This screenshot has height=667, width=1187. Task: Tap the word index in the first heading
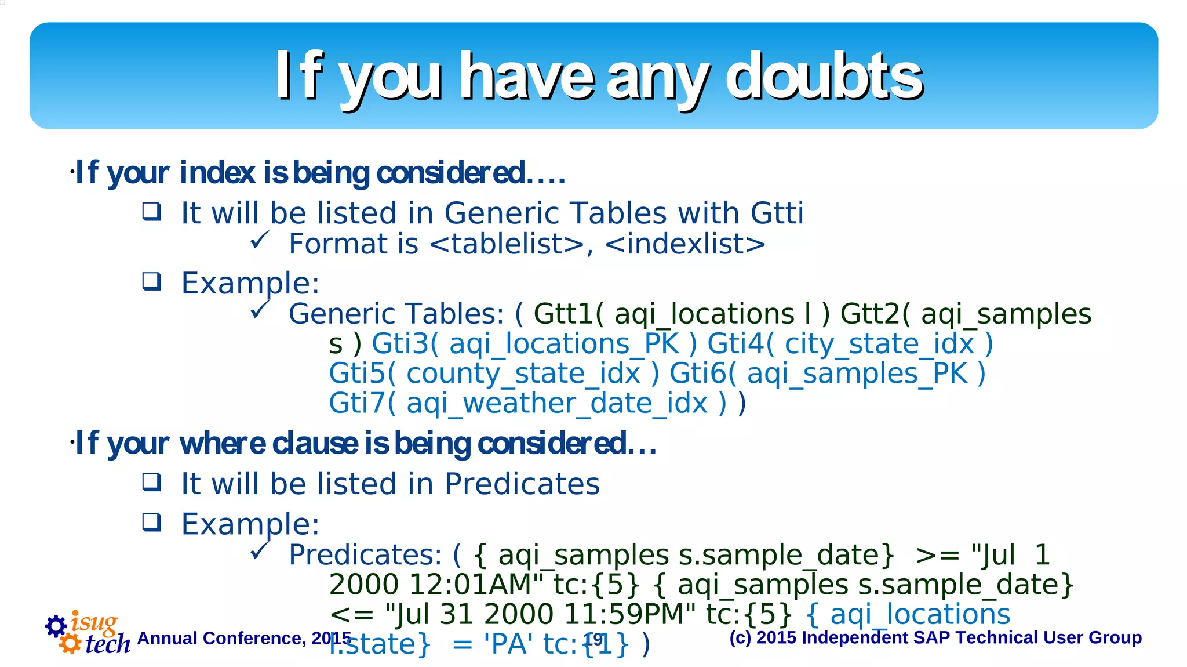pyautogui.click(x=217, y=173)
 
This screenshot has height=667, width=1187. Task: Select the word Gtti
pyautogui.click(x=777, y=213)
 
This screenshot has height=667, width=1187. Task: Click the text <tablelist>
pyautogui.click(x=507, y=244)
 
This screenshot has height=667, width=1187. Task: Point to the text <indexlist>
pyautogui.click(x=685, y=244)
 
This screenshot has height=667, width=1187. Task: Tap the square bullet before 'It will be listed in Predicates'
pyautogui.click(x=152, y=482)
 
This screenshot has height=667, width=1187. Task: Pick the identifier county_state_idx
pyautogui.click(x=523, y=374)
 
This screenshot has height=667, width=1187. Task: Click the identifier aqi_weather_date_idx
pyautogui.click(x=557, y=404)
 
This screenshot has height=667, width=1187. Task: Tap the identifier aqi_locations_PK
pyautogui.click(x=563, y=344)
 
